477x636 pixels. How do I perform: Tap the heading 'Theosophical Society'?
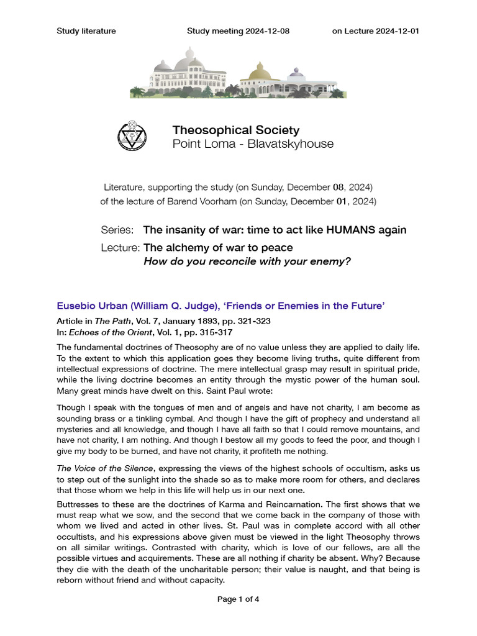[235, 130]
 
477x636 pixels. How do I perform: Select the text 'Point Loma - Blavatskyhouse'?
[252, 144]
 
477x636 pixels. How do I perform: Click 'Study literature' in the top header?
[86, 31]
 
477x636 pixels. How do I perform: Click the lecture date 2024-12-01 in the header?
[397, 31]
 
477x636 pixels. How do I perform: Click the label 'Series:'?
[117, 230]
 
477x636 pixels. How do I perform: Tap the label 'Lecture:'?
[120, 248]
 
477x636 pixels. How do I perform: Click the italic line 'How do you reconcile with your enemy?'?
[247, 261]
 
